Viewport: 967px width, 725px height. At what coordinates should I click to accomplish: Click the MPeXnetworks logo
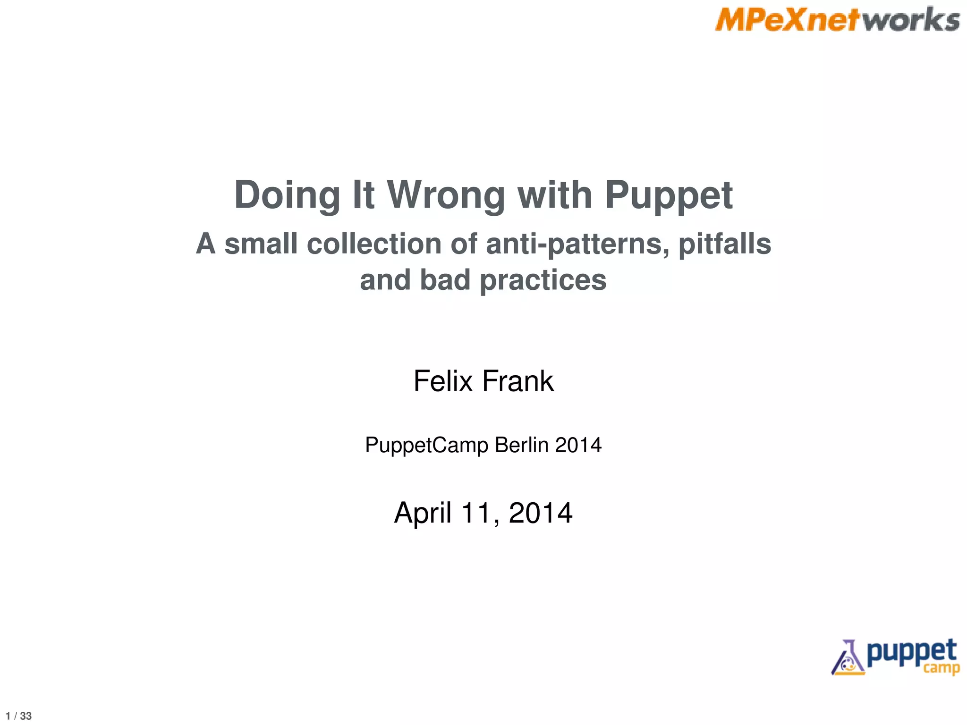[837, 20]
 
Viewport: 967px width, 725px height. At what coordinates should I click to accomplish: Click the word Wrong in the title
[446, 195]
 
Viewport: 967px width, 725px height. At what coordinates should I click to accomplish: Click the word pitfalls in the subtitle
[725, 244]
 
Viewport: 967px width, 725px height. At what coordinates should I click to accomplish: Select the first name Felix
[443, 381]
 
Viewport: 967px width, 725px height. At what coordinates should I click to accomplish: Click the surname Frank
[518, 381]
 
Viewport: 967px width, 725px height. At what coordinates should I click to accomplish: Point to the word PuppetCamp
[427, 446]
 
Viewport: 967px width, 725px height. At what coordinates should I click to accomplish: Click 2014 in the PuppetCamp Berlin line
[578, 445]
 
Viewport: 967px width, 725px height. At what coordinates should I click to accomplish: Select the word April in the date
[423, 513]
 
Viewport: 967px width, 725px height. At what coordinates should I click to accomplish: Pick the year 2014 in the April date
[541, 513]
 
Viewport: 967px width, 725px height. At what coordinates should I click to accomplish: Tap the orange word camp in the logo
[942, 668]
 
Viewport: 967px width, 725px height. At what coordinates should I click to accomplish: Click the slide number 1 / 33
[19, 716]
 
